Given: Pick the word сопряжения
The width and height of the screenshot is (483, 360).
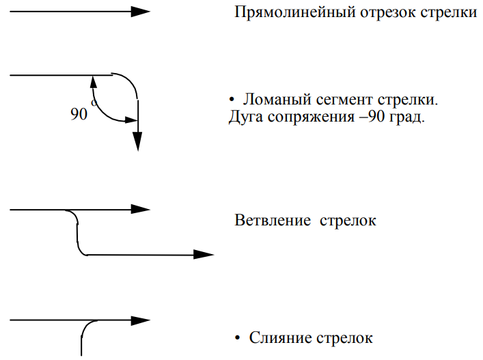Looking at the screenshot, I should pyautogui.click(x=305, y=117).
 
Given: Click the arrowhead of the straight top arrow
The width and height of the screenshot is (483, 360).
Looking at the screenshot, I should pyautogui.click(x=141, y=11).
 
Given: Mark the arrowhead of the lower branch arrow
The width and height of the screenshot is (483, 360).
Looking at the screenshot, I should pyautogui.click(x=204, y=254).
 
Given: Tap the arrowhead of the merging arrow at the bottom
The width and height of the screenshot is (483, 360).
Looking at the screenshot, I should pyautogui.click(x=141, y=320).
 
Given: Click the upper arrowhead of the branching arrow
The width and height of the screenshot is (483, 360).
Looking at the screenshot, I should pyautogui.click(x=141, y=209).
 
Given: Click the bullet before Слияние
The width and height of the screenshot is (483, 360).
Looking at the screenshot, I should pyautogui.click(x=237, y=338).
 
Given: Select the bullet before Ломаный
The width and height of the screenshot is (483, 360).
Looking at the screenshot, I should pyautogui.click(x=232, y=100).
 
